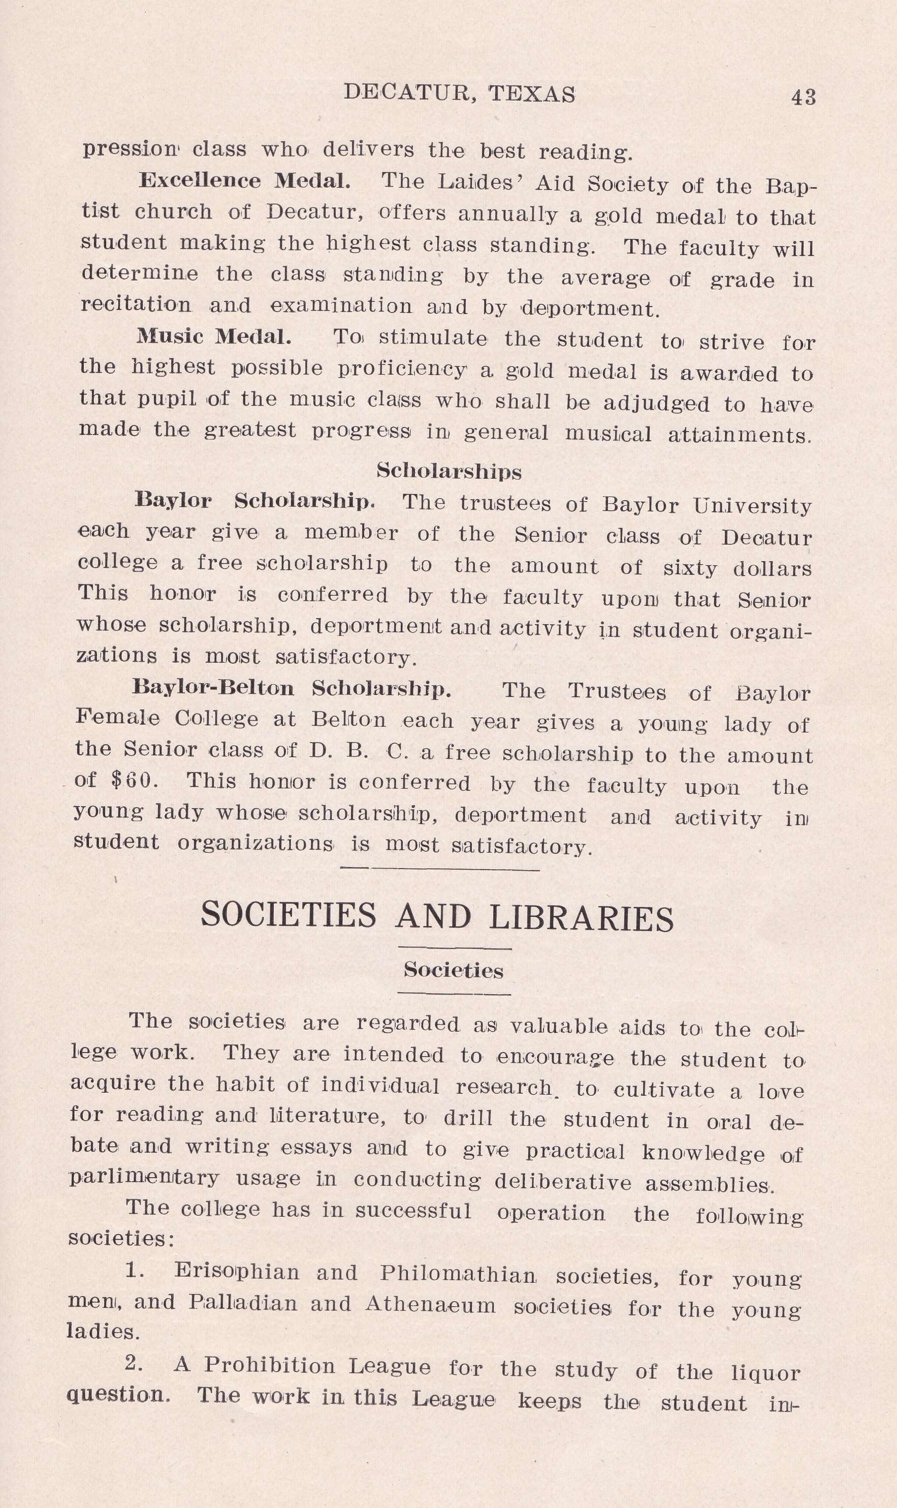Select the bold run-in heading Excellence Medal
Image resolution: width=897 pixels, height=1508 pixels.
(244, 181)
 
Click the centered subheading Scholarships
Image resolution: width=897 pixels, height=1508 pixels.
(448, 471)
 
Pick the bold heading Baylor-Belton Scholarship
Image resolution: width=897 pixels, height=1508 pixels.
(292, 688)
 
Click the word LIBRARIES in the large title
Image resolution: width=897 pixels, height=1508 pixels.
(581, 918)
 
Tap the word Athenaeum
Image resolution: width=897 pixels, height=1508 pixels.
(430, 1304)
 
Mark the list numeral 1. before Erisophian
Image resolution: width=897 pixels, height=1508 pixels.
(134, 1270)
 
